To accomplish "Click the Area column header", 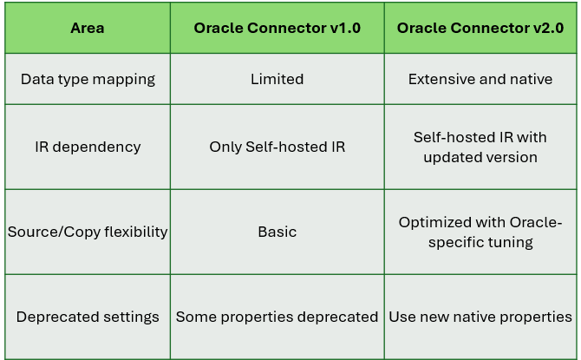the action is (88, 28).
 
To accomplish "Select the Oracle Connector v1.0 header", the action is (277, 28).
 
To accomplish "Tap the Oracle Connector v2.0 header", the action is (480, 28).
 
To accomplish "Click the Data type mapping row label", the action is (88, 79).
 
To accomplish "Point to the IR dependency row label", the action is (88, 147).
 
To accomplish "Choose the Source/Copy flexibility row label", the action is (88, 232).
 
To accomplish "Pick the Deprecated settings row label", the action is (88, 317).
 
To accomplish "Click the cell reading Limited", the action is (277, 79).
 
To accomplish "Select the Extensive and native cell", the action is (480, 79).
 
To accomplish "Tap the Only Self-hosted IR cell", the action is (277, 147).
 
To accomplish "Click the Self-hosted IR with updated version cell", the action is (480, 147).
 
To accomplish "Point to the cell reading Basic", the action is (277, 232).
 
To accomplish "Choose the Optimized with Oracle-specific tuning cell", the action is (480, 232).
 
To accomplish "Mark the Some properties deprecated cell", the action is (277, 317).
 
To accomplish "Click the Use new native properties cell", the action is (480, 317).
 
